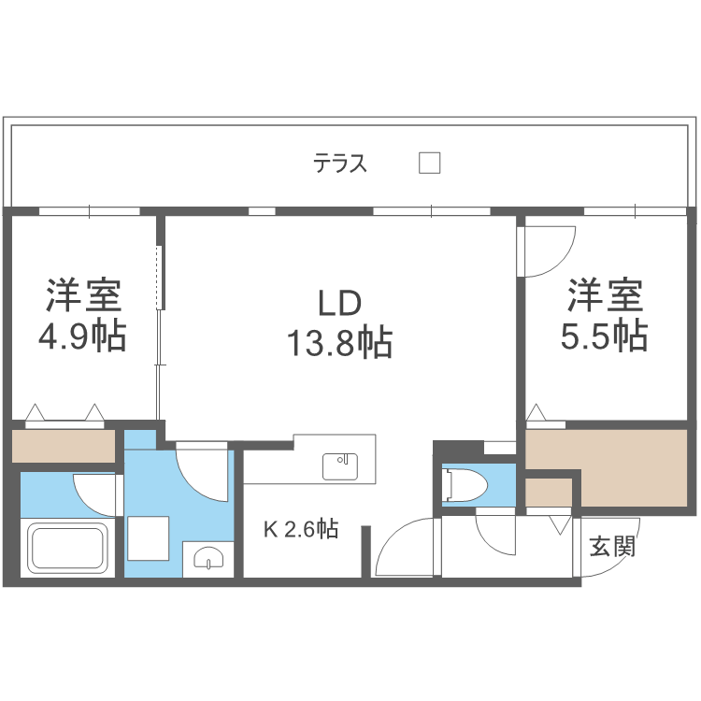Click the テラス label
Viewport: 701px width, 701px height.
click(x=340, y=165)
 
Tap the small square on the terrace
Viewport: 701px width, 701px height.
click(x=429, y=163)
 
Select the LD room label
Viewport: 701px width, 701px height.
click(x=339, y=305)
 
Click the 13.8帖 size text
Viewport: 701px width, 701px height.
click(x=338, y=344)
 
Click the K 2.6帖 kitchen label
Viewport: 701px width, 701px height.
click(x=300, y=530)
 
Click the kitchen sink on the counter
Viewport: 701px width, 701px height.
click(x=340, y=465)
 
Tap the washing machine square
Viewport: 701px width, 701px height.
click(x=147, y=536)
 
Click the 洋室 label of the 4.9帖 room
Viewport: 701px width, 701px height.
click(x=83, y=296)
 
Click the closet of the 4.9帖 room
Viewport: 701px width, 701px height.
click(x=63, y=445)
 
